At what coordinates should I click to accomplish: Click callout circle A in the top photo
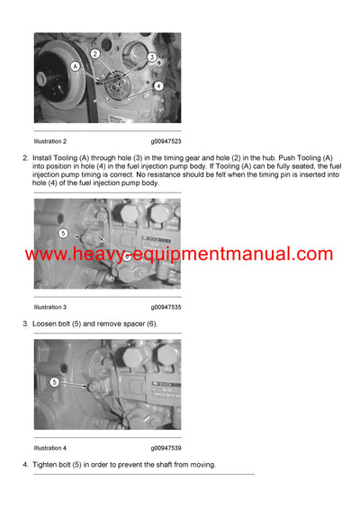[75, 66]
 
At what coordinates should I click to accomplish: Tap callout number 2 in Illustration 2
[94, 54]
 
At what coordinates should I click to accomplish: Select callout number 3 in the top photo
[152, 57]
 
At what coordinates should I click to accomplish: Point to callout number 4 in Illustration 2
[158, 85]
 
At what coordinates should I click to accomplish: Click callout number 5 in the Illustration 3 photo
[63, 234]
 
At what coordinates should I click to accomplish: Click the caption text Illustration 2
[50, 141]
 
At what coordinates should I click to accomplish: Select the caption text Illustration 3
[50, 307]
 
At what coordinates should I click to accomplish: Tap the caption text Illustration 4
[50, 447]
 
